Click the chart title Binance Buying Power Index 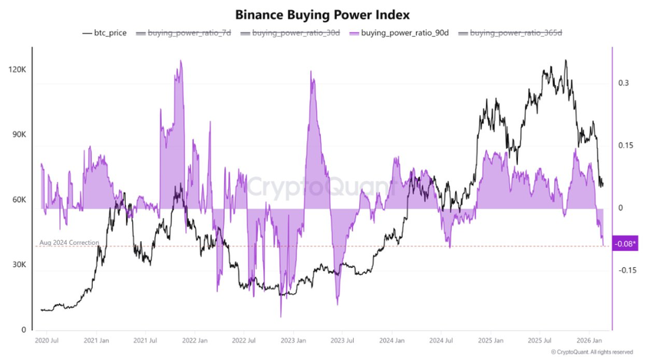coord(323,14)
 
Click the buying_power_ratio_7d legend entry coord(184,33)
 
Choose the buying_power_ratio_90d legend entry coord(395,33)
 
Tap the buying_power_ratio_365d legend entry coord(504,33)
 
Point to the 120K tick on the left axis coord(17,70)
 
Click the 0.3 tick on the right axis coord(625,82)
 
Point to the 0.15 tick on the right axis coord(627,145)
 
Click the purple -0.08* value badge coord(626,243)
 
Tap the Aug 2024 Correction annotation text coord(69,243)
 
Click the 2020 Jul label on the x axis coord(48,339)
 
